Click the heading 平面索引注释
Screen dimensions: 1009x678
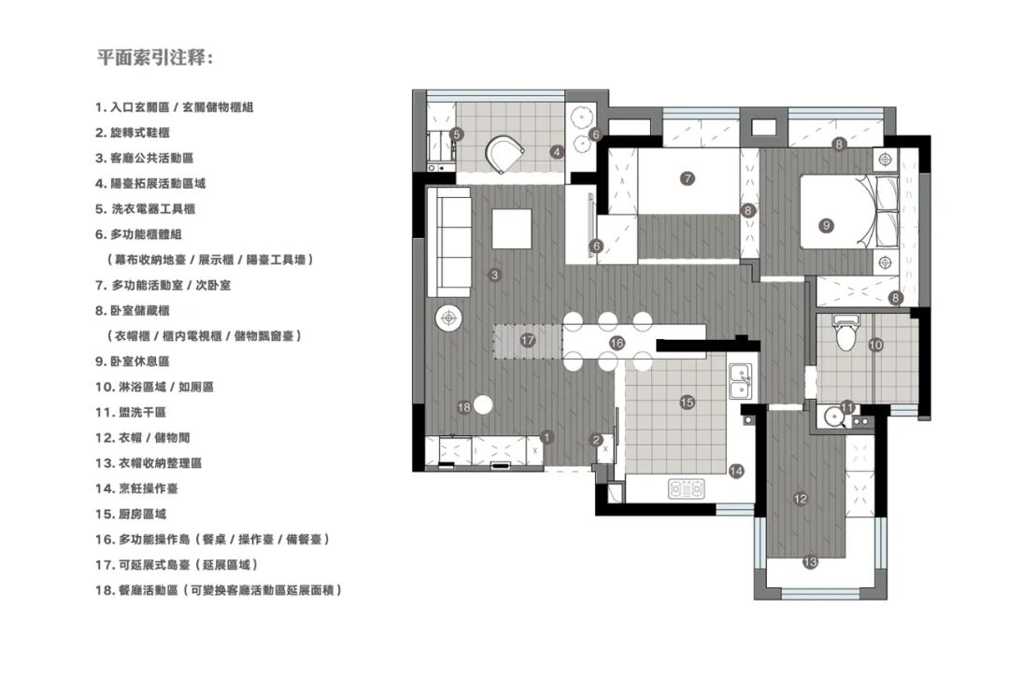[x=154, y=57]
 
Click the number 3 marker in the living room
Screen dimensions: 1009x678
[x=494, y=275]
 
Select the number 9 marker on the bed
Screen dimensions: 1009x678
[x=826, y=226]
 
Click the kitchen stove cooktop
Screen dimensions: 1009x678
[x=687, y=488]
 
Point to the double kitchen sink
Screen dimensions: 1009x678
[x=740, y=381]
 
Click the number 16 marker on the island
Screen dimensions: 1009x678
[x=617, y=343]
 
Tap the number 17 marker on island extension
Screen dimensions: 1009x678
[x=528, y=340]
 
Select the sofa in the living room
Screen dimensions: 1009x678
[x=449, y=242]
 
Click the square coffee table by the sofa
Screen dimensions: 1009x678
[x=512, y=229]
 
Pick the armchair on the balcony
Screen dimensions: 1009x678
[x=504, y=154]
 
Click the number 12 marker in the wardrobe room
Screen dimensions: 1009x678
[x=801, y=499]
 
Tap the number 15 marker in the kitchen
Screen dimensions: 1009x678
[x=688, y=403]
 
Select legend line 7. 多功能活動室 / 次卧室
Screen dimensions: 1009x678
[x=163, y=285]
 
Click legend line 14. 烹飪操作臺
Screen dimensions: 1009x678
[x=136, y=488]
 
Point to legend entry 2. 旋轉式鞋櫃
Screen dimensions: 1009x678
[x=133, y=133]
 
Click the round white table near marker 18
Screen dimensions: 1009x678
[x=483, y=405]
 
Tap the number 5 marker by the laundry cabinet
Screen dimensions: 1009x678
[x=457, y=134]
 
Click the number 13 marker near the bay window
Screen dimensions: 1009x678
[x=810, y=562]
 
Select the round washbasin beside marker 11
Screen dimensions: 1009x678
[x=834, y=418]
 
